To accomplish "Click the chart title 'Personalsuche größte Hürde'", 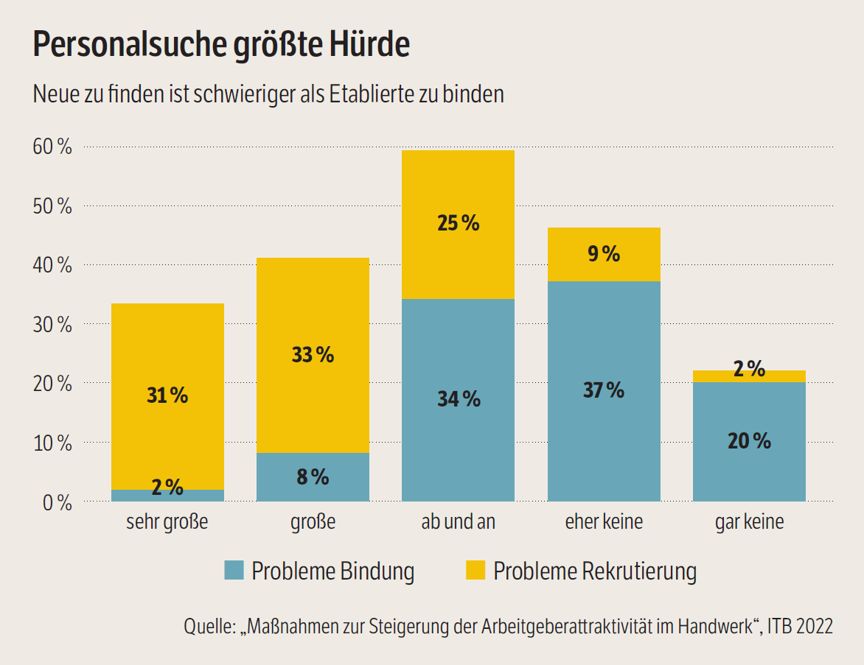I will (221, 46).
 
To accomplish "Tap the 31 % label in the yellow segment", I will (167, 395).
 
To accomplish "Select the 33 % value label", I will (313, 355).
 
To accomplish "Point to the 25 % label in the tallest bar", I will (459, 223).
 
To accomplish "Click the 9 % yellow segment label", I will (604, 254).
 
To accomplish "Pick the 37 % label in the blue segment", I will (604, 390).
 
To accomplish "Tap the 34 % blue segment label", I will (459, 399).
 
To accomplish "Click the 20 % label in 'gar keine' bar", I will (749, 441).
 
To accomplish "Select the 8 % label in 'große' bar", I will (313, 477).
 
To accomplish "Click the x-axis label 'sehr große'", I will (167, 522).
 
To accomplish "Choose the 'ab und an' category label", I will (459, 522).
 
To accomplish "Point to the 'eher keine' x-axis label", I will (604, 522).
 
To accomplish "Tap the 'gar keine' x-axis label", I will (749, 522).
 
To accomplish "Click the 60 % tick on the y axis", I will (52, 147).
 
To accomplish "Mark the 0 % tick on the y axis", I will (57, 503).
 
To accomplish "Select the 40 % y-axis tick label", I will (52, 266).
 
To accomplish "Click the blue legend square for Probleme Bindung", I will (234, 570).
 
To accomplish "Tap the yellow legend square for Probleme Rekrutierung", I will (475, 570).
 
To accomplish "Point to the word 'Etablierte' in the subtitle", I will (374, 95).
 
